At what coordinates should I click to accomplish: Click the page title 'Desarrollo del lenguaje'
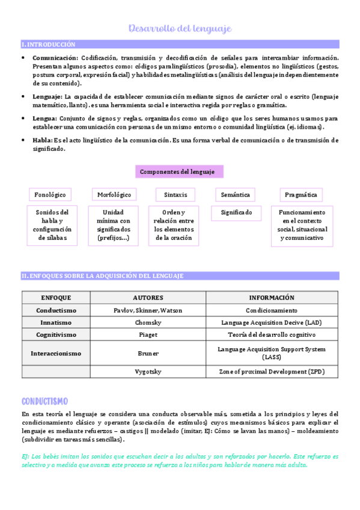(180, 28)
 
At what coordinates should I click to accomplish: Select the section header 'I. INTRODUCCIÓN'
(49, 45)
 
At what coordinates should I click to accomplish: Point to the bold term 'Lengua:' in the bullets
(46, 118)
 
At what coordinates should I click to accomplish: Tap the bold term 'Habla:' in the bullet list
(42, 140)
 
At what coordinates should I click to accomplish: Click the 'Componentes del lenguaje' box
(179, 171)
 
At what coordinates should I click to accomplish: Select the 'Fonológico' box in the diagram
(50, 194)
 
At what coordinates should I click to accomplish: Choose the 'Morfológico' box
(114, 194)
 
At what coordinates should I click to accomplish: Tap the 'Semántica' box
(235, 194)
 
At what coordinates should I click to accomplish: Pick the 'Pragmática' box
(301, 194)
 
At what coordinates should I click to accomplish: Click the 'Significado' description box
(236, 212)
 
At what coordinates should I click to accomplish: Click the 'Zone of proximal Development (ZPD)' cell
(272, 372)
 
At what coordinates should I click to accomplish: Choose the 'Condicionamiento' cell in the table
(272, 310)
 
